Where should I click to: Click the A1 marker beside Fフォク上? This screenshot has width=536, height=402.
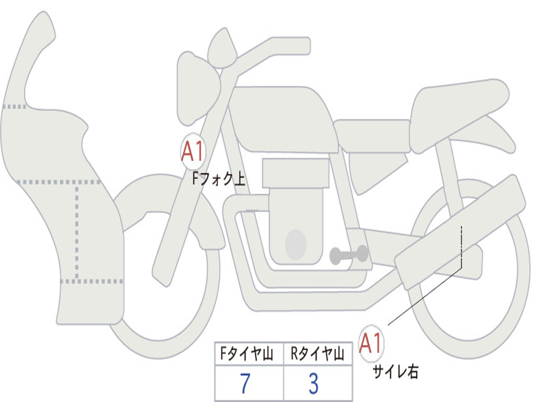tap(193, 151)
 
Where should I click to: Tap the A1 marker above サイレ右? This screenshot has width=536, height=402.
tap(371, 343)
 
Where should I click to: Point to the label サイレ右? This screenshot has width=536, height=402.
tap(395, 372)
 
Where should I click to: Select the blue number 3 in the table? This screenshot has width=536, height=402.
tap(313, 384)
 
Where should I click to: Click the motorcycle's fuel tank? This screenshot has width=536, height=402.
tap(283, 118)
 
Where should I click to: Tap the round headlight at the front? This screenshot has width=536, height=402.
tap(197, 88)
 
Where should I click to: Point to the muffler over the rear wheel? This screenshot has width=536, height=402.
tap(461, 230)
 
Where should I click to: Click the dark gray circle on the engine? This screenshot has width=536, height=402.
tap(296, 244)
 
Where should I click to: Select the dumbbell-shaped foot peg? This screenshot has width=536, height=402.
tap(349, 255)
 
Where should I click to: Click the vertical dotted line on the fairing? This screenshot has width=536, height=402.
tap(77, 230)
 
